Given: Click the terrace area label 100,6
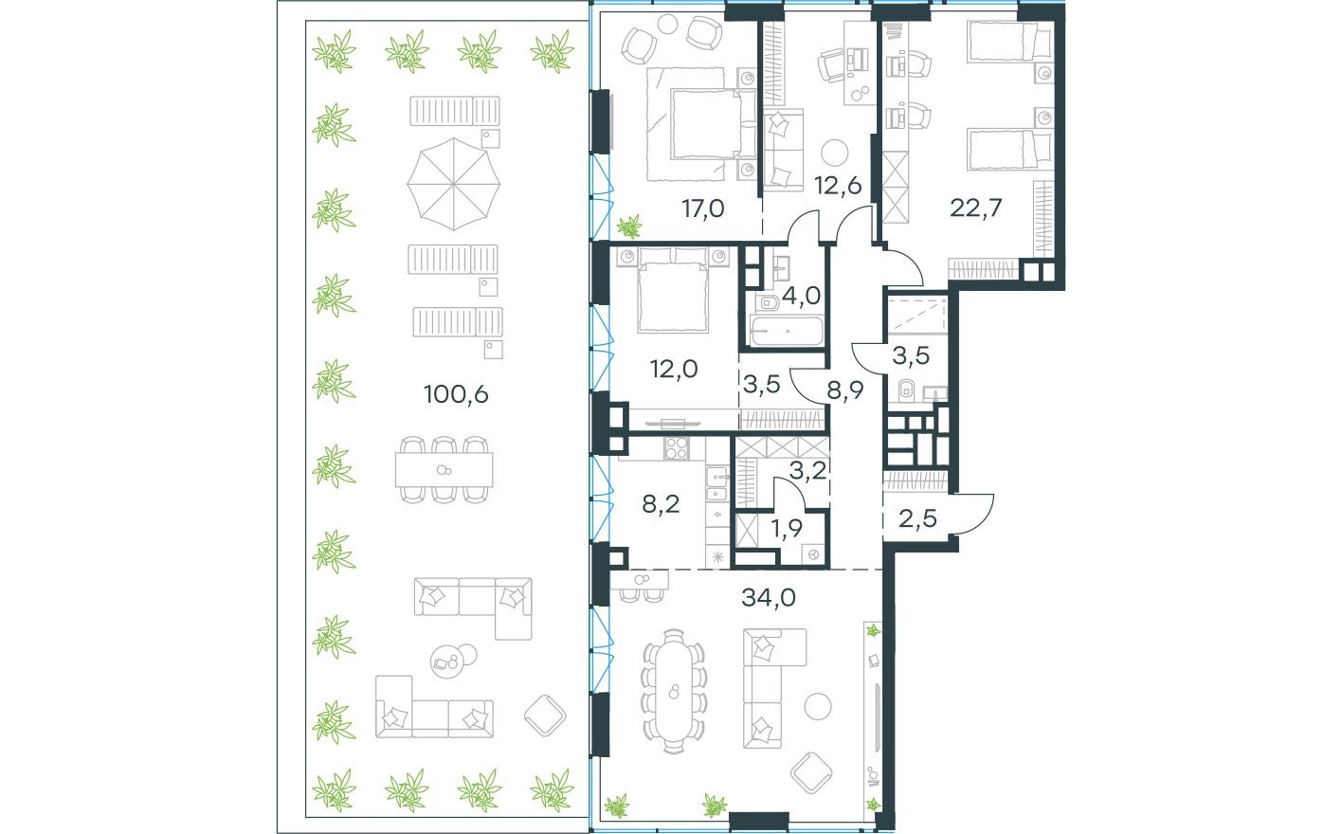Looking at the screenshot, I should [x=456, y=393].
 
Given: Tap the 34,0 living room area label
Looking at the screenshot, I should [x=768, y=597].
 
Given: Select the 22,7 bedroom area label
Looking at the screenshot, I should [x=976, y=207].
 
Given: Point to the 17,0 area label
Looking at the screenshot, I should [x=702, y=208].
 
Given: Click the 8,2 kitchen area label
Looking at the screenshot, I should [x=661, y=503].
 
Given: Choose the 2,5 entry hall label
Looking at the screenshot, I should [x=916, y=518].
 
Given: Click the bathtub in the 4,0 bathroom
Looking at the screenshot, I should [x=787, y=332].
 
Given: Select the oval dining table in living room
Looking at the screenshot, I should [x=674, y=690].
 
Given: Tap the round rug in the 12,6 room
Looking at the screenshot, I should [x=835, y=154].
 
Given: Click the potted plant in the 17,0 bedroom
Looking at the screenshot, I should [x=627, y=227].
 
